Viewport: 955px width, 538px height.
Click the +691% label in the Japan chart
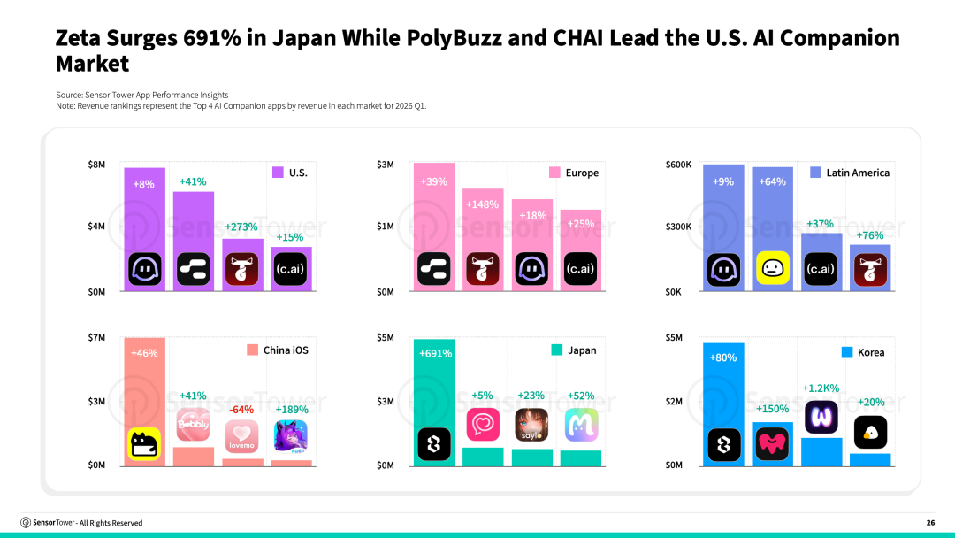[435, 353]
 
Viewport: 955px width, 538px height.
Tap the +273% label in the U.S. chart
[241, 227]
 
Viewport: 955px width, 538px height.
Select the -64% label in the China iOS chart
[241, 410]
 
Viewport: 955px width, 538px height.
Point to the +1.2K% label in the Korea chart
[821, 388]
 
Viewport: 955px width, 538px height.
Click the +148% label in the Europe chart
[483, 204]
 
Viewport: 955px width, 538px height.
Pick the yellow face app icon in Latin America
[772, 268]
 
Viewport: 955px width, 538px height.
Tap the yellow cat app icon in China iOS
[144, 443]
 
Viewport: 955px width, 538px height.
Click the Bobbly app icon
[193, 424]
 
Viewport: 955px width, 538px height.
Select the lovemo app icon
[241, 436]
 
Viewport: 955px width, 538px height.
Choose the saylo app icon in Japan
[531, 425]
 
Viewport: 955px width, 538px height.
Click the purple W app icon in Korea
[821, 418]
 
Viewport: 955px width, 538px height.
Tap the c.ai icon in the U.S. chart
[290, 269]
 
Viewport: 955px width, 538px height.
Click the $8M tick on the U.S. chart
[96, 165]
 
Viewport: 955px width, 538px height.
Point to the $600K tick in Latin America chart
[678, 165]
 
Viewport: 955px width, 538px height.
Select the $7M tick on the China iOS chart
[96, 337]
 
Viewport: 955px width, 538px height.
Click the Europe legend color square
[554, 173]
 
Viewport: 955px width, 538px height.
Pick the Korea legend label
[871, 352]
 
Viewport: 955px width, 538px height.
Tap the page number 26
[930, 523]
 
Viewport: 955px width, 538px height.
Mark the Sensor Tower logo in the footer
[26, 523]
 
